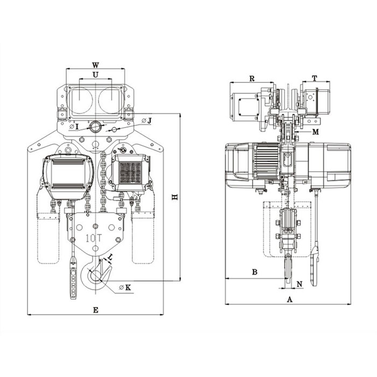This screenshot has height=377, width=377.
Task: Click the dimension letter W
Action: pyautogui.click(x=95, y=65)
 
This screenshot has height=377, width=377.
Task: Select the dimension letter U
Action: pyautogui.click(x=95, y=75)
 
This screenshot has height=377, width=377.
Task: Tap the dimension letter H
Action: pyautogui.click(x=175, y=197)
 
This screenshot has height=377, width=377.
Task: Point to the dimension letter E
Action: pyautogui.click(x=96, y=310)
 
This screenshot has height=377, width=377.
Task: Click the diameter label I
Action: pyautogui.click(x=74, y=127)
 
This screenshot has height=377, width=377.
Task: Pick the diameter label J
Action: pyautogui.click(x=147, y=121)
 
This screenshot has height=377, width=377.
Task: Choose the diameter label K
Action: pyautogui.click(x=125, y=287)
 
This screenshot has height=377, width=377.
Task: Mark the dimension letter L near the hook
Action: pyautogui.click(x=110, y=257)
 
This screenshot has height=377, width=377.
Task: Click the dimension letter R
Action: pyautogui.click(x=252, y=79)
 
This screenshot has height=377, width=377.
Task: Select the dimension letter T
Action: pyautogui.click(x=315, y=78)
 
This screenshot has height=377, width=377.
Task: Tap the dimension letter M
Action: pyautogui.click(x=316, y=132)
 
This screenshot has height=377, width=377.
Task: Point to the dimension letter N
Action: pyautogui.click(x=299, y=284)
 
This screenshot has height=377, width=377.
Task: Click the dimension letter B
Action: pyautogui.click(x=255, y=272)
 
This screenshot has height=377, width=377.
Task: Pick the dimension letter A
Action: pyautogui.click(x=290, y=299)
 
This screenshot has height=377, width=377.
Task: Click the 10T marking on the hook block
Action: pyautogui.click(x=94, y=238)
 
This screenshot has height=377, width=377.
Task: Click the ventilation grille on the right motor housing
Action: pyautogui.click(x=130, y=172)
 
